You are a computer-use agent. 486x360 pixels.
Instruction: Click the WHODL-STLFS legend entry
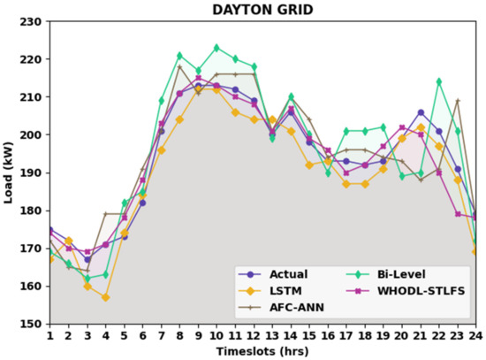click(x=420, y=291)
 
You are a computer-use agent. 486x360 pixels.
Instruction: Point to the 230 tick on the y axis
click(x=34, y=21)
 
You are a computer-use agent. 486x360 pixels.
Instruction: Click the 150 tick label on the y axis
click(x=34, y=324)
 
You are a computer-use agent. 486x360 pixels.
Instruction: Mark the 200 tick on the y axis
click(x=34, y=134)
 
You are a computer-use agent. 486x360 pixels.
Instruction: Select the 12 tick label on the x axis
click(x=254, y=335)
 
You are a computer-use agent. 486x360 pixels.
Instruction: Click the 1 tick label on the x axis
click(x=49, y=335)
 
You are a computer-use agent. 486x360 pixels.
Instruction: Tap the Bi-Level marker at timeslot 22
click(x=439, y=81)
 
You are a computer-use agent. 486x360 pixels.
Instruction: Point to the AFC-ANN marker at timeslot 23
click(x=458, y=101)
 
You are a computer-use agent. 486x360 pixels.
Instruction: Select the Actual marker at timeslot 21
click(x=421, y=112)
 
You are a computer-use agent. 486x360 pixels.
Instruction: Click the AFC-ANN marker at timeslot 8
click(x=179, y=66)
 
